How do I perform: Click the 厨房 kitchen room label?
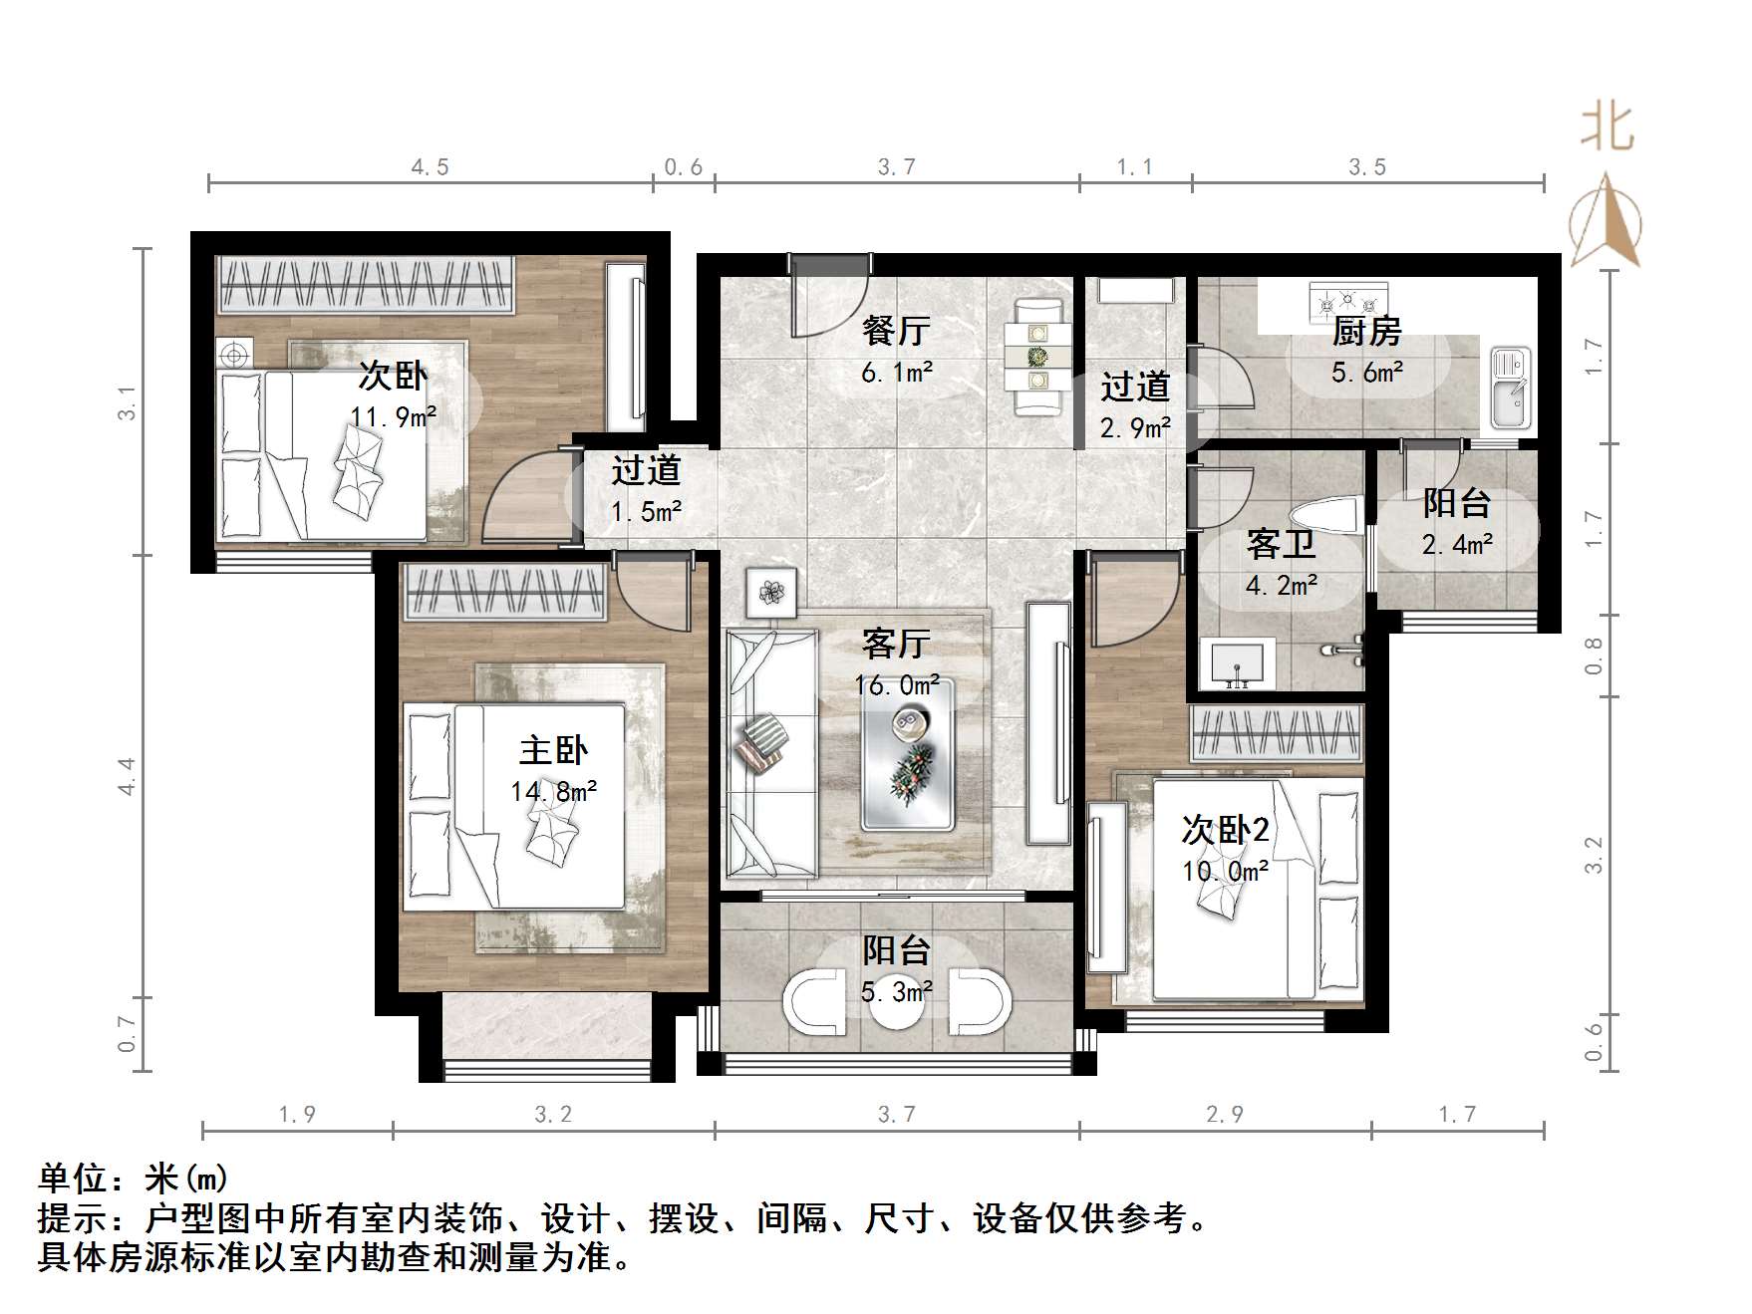click(1366, 331)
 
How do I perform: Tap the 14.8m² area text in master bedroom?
click(553, 792)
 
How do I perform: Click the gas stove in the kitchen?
click(1347, 298)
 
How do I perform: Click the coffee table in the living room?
click(907, 754)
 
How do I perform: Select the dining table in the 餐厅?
click(1038, 356)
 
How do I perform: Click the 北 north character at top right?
click(1606, 129)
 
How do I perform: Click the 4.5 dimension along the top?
click(430, 167)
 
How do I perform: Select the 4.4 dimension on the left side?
click(127, 776)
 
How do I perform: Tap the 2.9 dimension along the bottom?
click(1224, 1115)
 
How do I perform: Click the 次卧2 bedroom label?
click(1225, 829)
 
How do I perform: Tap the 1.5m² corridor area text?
click(646, 512)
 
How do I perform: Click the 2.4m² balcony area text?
click(1456, 545)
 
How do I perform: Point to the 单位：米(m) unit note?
click(134, 1179)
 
